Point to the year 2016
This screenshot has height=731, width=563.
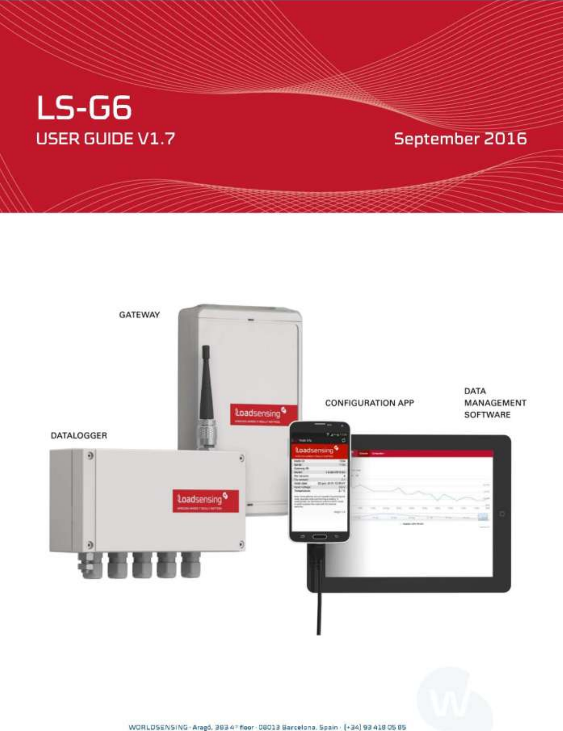tap(505, 139)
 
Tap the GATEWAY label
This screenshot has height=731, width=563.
tap(139, 315)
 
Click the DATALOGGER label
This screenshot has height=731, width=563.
tap(78, 435)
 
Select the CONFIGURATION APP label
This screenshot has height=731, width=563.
tap(369, 403)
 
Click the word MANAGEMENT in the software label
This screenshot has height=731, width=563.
tap(495, 403)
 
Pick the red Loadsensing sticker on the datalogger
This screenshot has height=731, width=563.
tap(205, 501)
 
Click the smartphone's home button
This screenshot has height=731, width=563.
tap(319, 537)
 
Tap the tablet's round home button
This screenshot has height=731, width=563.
tap(502, 514)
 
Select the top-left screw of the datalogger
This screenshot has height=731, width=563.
tap(90, 456)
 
